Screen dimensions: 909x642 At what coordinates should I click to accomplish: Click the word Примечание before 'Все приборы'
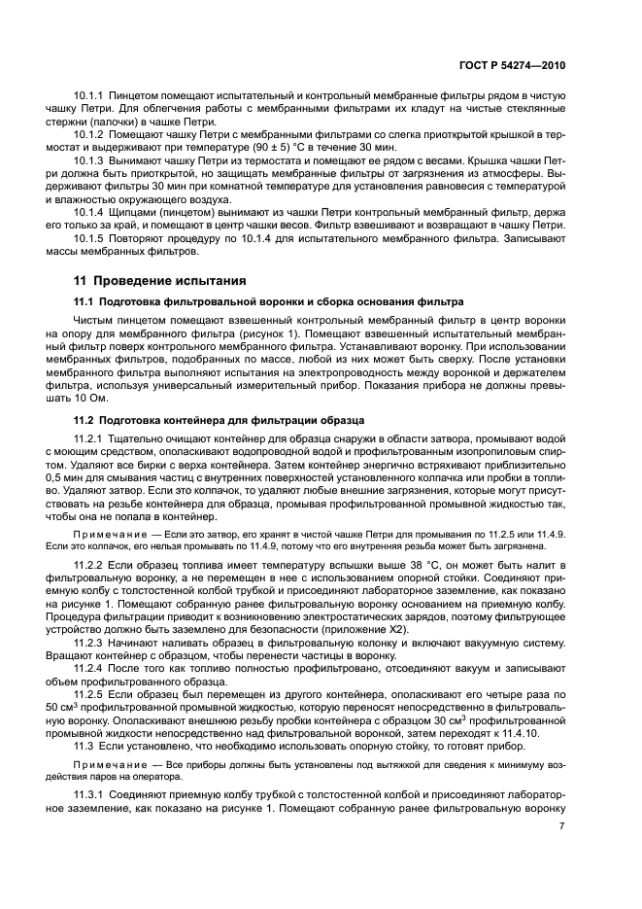(109, 764)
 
